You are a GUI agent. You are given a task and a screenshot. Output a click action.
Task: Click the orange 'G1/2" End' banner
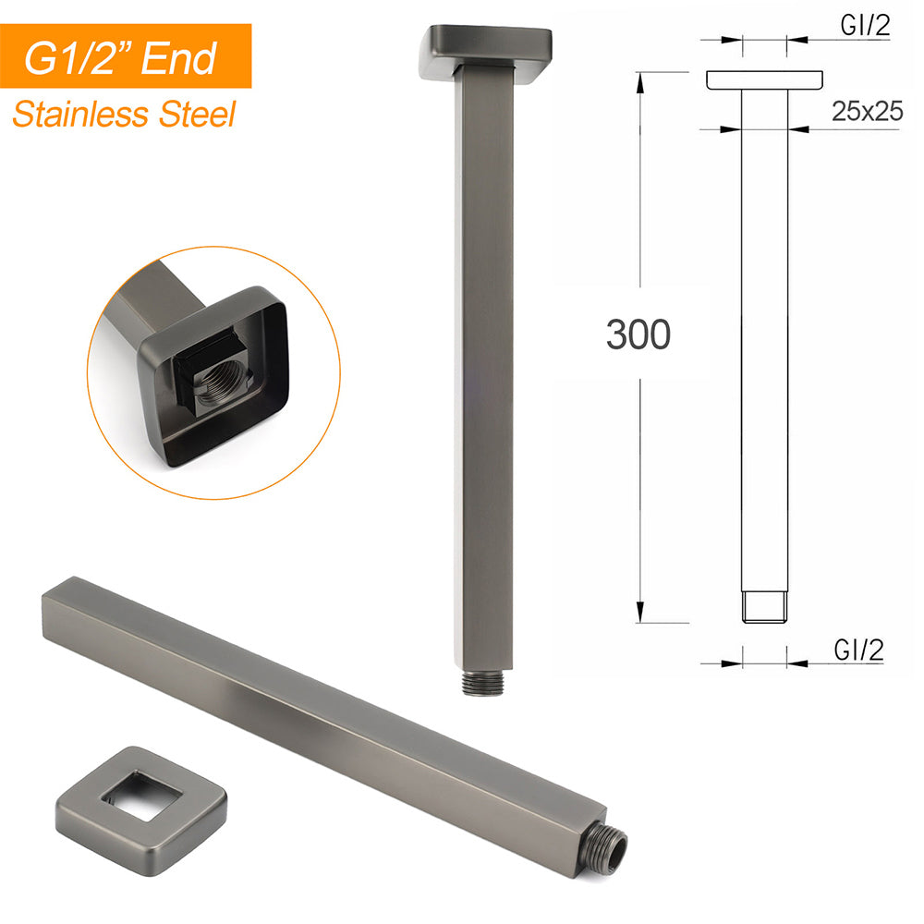126,56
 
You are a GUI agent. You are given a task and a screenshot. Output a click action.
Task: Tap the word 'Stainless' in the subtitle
80,115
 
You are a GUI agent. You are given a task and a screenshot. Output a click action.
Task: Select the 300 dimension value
638,334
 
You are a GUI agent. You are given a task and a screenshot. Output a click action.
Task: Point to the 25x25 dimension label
867,111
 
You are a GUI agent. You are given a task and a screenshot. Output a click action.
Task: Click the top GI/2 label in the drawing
865,26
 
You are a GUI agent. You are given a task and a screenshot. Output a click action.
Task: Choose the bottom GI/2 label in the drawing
858,650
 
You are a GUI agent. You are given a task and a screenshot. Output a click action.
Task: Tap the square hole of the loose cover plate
140,796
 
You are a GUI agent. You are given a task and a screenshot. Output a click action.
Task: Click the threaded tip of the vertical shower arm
483,683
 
